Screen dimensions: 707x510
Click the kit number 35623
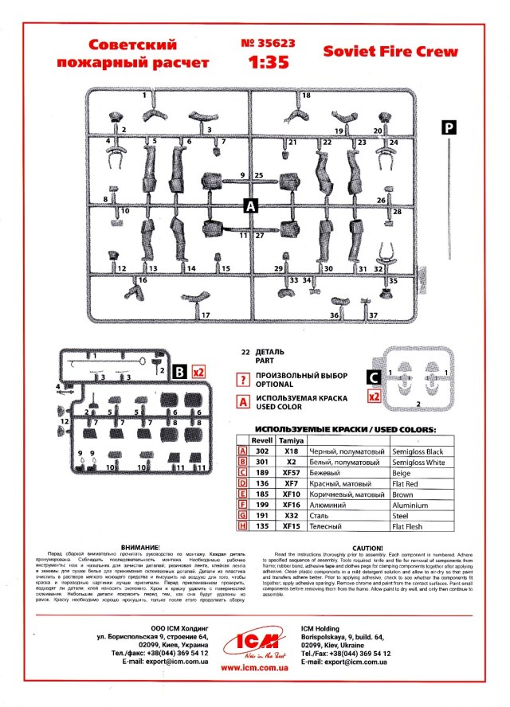coord(264,45)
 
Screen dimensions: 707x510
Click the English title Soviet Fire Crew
coord(390,52)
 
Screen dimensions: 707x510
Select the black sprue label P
coord(450,128)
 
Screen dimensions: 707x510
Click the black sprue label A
coord(251,206)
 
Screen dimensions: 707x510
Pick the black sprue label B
coord(179,370)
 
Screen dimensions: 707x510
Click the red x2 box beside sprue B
coord(199,371)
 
